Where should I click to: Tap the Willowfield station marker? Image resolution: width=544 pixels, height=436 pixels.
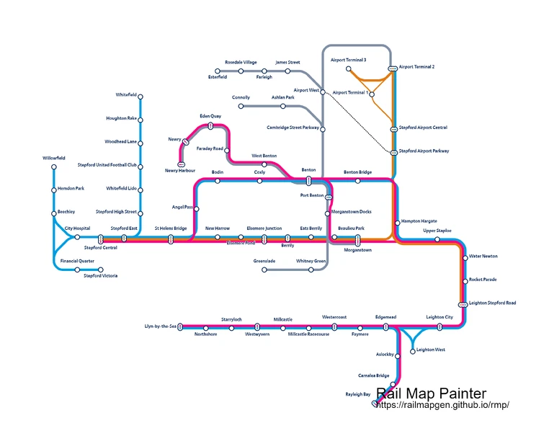coord(54,167)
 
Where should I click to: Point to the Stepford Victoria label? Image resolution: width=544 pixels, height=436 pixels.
coord(101,276)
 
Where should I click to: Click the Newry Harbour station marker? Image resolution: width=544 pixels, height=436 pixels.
coord(181,164)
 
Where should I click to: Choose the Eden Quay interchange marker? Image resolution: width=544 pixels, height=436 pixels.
coord(210,125)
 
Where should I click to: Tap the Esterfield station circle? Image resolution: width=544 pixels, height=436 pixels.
coord(232,71)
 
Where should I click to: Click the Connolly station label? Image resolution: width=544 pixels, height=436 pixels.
coord(241,97)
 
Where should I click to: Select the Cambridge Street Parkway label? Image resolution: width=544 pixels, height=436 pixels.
coord(293,127)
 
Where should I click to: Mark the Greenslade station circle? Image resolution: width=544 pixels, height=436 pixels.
coord(264,270)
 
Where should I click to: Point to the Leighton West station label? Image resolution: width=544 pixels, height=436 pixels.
coord(432,350)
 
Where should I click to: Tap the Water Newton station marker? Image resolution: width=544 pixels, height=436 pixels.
coord(465,257)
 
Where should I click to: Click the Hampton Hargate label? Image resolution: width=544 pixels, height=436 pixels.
coord(419,221)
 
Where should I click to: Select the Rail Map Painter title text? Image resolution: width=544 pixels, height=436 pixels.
coord(431,393)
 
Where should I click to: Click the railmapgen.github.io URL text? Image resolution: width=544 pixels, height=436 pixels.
coord(444,406)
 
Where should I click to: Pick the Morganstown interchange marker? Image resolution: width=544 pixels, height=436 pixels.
coord(357,240)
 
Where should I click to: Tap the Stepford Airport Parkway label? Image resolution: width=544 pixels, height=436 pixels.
coord(424,151)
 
